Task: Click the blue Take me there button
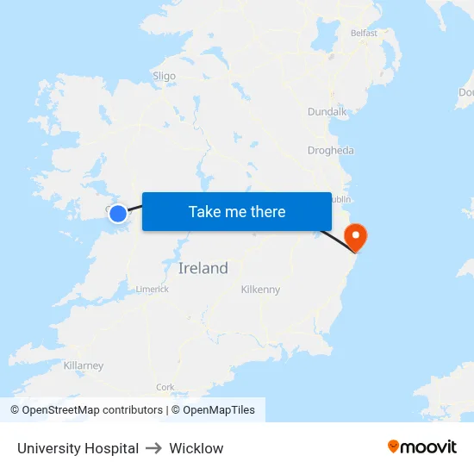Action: point(237,211)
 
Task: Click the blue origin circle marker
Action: point(118,213)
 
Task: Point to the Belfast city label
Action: point(364,33)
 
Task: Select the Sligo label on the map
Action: point(164,76)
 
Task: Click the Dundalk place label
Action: point(327,111)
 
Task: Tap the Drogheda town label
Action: point(330,150)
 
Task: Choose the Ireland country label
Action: point(203,268)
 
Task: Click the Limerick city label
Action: point(153,290)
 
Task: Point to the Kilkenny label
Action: point(260,290)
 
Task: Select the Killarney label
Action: point(84,365)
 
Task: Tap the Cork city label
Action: point(165,387)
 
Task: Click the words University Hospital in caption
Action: point(78,448)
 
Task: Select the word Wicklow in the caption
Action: point(196,448)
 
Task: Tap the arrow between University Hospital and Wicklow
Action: point(153,448)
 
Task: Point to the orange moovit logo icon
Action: point(393,446)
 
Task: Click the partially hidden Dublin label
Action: point(339,199)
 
